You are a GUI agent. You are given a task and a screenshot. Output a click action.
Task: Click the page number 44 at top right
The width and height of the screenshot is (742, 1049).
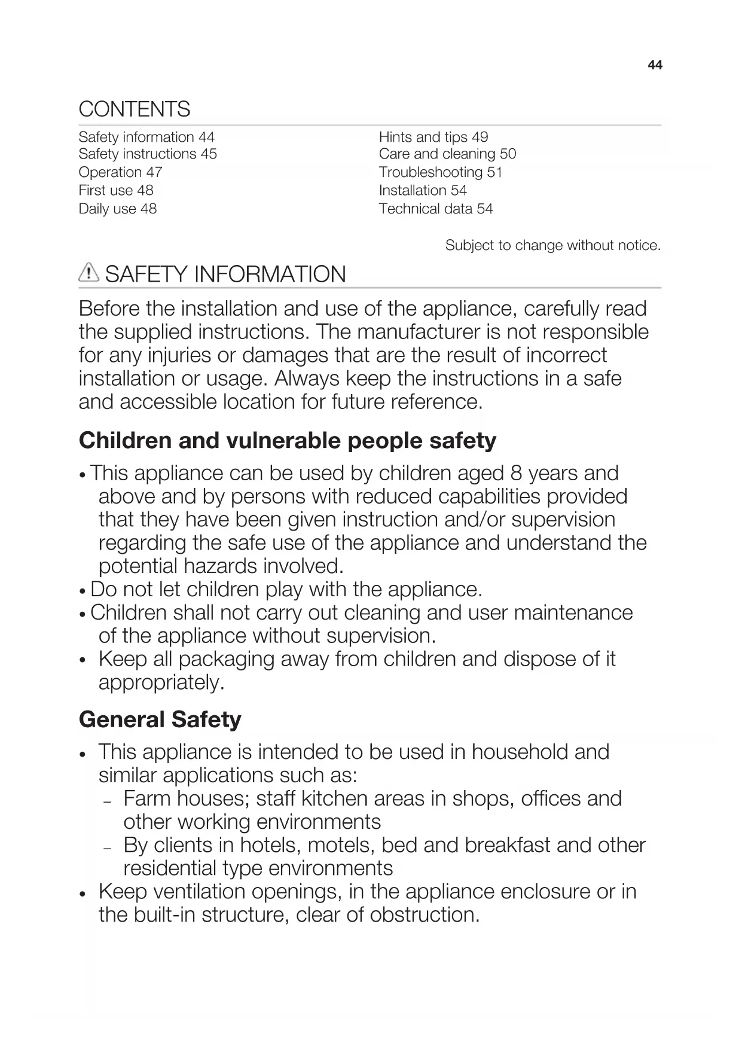(655, 65)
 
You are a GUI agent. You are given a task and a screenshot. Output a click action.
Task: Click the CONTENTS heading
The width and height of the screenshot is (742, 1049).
(135, 109)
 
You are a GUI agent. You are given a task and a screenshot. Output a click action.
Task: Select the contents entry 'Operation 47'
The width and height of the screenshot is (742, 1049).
(120, 172)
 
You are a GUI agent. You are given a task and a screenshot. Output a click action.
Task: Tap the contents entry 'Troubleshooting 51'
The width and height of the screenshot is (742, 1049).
(440, 172)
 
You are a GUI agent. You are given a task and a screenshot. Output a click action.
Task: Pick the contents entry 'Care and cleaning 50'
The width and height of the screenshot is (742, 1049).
(447, 154)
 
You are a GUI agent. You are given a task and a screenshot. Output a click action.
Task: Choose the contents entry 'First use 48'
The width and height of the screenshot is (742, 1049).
(116, 191)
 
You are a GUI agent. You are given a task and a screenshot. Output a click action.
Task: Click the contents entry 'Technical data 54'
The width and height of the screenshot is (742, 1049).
(435, 209)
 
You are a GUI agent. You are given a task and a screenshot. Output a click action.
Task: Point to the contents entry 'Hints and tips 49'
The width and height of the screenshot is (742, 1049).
(433, 137)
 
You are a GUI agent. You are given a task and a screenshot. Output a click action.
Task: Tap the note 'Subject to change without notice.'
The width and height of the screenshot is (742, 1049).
(552, 245)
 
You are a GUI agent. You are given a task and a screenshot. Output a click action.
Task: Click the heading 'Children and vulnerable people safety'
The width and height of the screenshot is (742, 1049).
(287, 441)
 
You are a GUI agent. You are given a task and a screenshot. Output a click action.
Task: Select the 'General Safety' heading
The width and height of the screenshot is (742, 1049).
(160, 719)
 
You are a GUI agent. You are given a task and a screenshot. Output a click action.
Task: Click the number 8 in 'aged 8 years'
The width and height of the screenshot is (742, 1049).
(516, 473)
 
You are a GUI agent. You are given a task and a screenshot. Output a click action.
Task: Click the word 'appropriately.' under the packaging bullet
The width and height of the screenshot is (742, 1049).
(161, 682)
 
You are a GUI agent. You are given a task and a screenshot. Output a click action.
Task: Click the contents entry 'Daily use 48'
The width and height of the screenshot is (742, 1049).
(118, 209)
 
